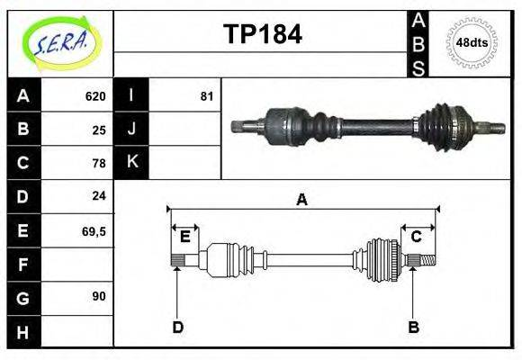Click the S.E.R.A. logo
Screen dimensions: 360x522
click(60, 42)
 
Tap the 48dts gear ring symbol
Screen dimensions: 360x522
click(472, 41)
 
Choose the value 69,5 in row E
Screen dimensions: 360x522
click(94, 230)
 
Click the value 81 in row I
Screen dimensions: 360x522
click(206, 96)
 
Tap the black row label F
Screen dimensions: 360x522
click(22, 264)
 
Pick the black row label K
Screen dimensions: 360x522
click(131, 163)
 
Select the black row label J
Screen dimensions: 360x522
click(131, 130)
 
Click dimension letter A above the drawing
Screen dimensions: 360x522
click(302, 200)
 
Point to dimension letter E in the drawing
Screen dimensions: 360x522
click(184, 237)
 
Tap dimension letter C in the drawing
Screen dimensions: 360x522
click(417, 237)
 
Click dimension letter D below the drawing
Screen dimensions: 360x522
click(177, 327)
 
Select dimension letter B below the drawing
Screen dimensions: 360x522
click(414, 327)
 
